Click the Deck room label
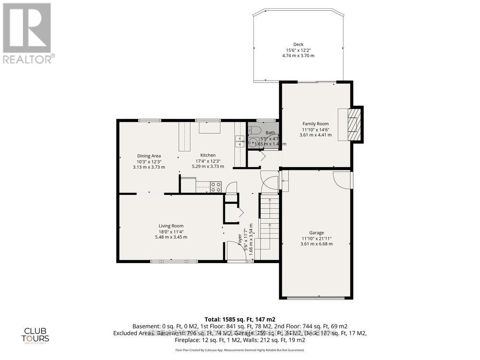point(298,45)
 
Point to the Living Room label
point(171,226)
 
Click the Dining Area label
point(149,156)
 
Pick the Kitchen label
point(208,155)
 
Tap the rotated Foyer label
point(240,239)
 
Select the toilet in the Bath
point(255,130)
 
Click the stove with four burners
point(216,186)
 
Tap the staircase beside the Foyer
point(269,223)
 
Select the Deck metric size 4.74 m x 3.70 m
point(298,56)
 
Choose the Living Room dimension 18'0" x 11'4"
point(171,232)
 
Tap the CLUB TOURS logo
point(36,335)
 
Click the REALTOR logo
point(27,34)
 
